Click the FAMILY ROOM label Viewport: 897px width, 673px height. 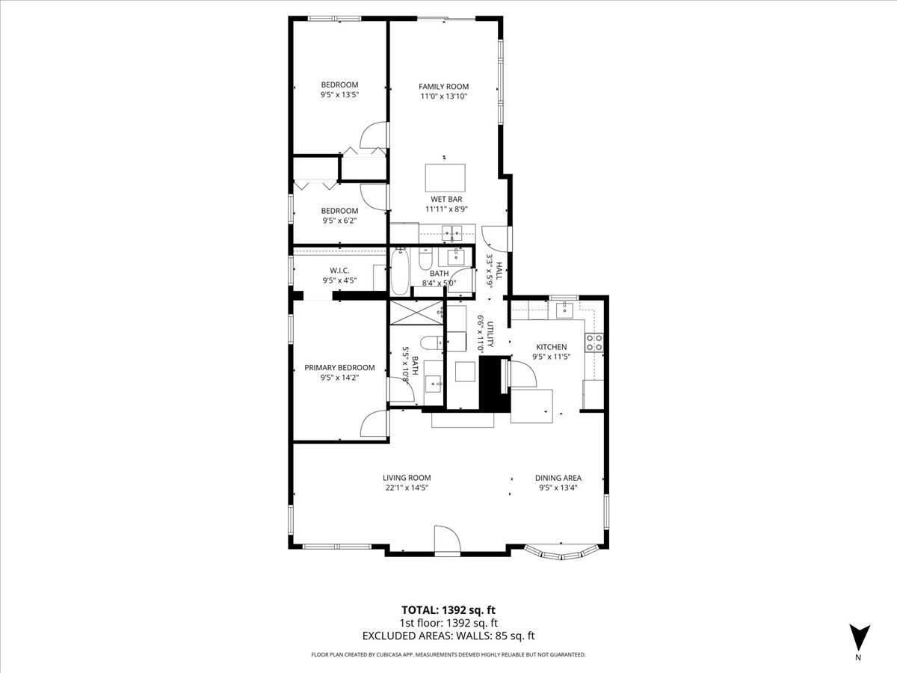click(443, 86)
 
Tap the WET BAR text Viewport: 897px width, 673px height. click(445, 199)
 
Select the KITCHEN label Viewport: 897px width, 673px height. click(551, 347)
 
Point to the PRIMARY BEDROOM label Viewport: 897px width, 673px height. click(339, 368)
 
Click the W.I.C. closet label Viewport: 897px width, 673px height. click(339, 271)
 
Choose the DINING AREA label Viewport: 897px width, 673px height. click(558, 478)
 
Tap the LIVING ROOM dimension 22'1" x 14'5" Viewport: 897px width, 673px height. click(407, 488)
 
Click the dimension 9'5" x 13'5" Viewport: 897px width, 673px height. click(339, 95)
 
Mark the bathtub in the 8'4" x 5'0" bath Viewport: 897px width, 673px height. click(399, 272)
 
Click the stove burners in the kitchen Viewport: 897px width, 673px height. click(594, 342)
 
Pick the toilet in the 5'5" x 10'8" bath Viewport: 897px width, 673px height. click(429, 344)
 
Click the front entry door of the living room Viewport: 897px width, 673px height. click(446, 540)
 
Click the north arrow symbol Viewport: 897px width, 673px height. click(859, 637)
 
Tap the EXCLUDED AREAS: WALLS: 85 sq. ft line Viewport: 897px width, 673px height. click(449, 636)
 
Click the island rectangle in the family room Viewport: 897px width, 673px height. click(445, 178)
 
